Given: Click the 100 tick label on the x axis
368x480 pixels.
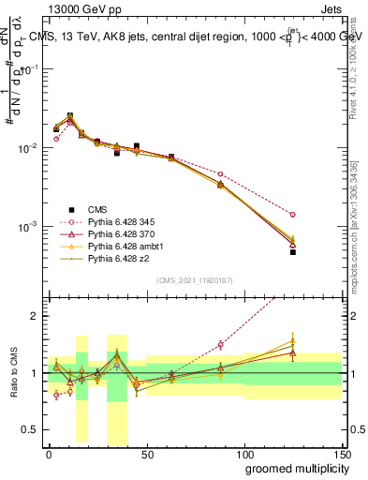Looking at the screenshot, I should [243, 455].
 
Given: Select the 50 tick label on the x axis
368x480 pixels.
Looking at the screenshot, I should [147, 455].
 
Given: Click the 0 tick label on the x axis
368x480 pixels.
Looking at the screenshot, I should [49, 455].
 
